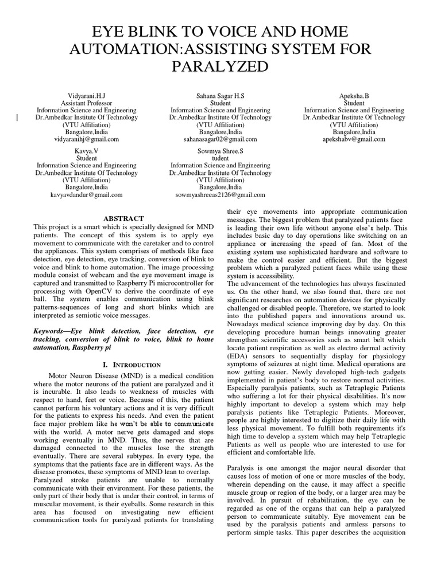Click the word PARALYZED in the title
tap(220, 67)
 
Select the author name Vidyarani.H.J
tap(87, 95)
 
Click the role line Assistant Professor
tap(87, 103)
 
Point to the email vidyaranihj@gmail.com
tap(87, 139)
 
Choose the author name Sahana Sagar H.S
tap(220, 95)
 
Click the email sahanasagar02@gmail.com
tap(220, 139)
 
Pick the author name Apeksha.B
tap(354, 95)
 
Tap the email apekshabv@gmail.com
tap(354, 139)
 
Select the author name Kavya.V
tap(87, 150)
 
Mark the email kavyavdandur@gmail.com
tap(87, 195)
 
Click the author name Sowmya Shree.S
tap(220, 150)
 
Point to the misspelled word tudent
tap(220, 158)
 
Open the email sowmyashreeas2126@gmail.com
tap(220, 195)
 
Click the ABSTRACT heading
tap(123, 218)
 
